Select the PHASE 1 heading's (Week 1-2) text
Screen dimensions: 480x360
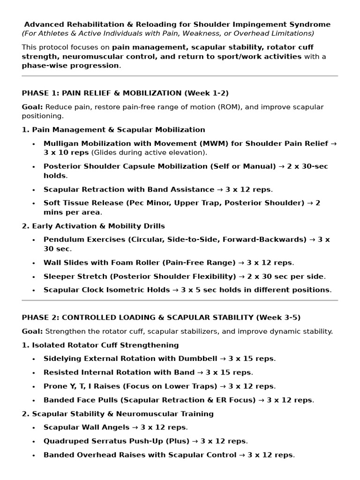point(207,93)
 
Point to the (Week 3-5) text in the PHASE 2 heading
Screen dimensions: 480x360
point(278,317)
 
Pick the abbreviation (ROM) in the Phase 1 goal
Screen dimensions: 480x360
point(229,107)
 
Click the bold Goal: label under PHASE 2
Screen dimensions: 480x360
point(32,331)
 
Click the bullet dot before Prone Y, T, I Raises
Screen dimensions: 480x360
point(34,387)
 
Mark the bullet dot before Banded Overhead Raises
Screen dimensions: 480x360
point(34,455)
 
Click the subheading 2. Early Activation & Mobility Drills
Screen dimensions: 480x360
point(87,226)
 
